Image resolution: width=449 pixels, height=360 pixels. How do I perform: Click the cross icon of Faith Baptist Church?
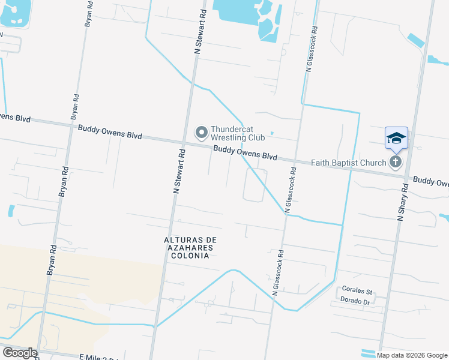pyautogui.click(x=395, y=161)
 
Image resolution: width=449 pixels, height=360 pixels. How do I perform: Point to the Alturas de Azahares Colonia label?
pyautogui.click(x=190, y=247)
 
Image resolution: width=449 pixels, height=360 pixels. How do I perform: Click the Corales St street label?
pyautogui.click(x=354, y=289)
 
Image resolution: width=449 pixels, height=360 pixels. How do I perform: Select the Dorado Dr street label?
pyautogui.click(x=354, y=299)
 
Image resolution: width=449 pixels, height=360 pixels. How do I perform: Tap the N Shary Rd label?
pyautogui.click(x=402, y=202)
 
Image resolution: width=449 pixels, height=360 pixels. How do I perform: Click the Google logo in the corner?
pyautogui.click(x=20, y=353)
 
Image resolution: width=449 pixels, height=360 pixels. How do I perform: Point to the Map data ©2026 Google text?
pyautogui.click(x=411, y=355)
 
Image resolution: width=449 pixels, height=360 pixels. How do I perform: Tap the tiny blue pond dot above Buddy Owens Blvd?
pyautogui.click(x=272, y=133)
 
